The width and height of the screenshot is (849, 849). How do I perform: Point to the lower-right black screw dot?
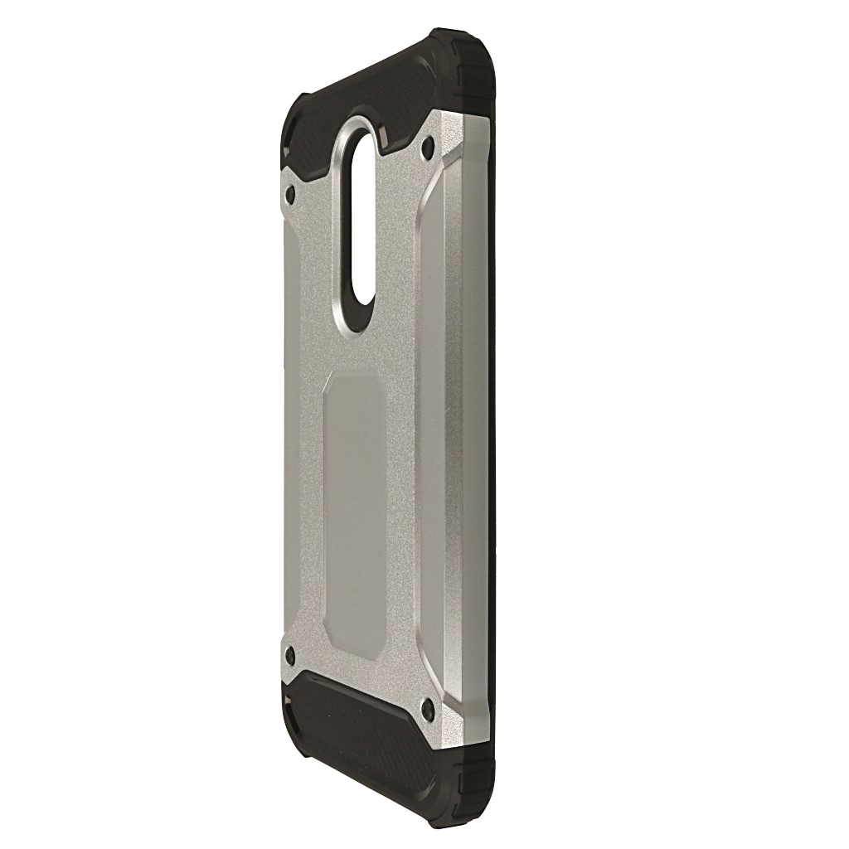point(427,709)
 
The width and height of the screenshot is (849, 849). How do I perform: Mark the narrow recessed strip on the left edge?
point(286,415)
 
